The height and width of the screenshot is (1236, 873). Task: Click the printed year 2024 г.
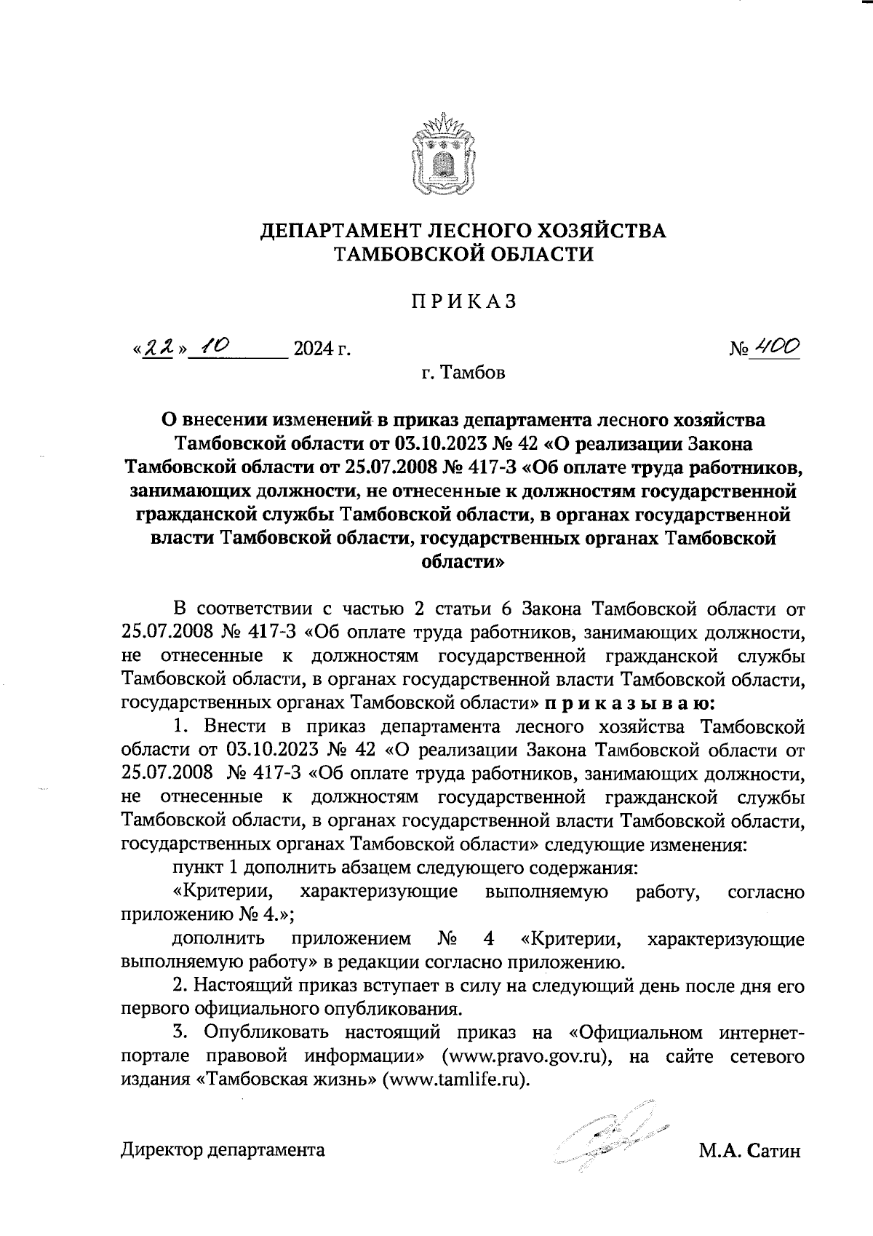[320, 350]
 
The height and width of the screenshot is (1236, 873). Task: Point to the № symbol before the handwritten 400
[737, 350]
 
